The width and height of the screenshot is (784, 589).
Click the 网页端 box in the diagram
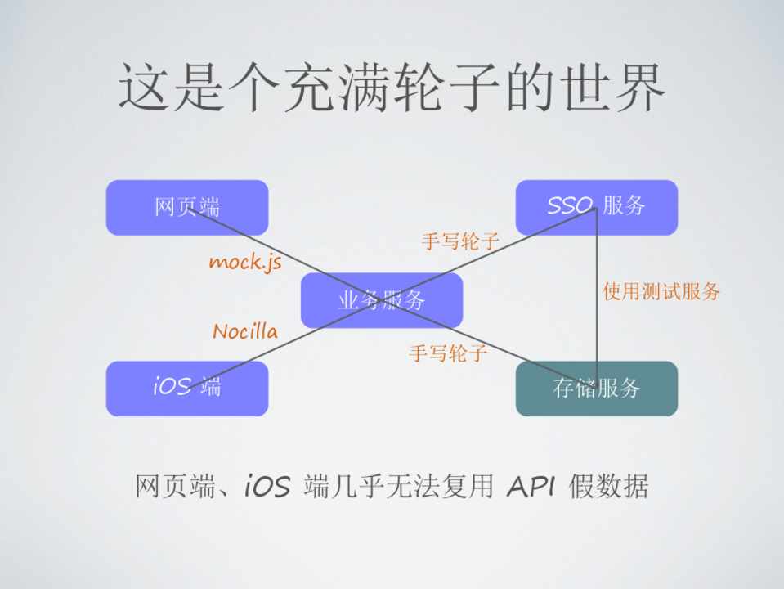(186, 207)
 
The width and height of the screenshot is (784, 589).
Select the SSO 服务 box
(596, 207)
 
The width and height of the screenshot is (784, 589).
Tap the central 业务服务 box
(381, 300)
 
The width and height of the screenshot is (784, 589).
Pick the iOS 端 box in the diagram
(186, 388)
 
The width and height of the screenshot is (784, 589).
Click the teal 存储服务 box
(596, 388)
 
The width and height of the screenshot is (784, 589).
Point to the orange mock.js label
(244, 262)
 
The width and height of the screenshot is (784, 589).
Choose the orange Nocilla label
(244, 331)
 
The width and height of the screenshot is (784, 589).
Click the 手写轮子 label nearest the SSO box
(460, 241)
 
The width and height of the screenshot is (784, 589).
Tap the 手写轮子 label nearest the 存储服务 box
(448, 353)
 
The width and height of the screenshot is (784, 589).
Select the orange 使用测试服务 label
(661, 291)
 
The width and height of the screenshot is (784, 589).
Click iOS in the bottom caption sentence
(267, 488)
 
